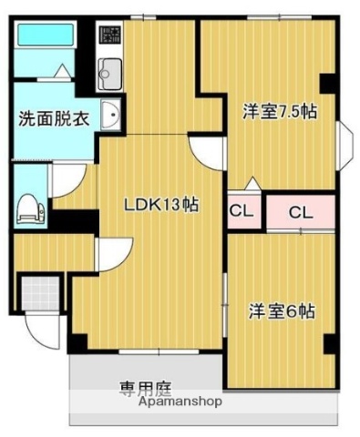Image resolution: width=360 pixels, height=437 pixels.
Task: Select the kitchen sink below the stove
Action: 109,70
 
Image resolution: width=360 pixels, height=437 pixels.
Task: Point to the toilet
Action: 28,206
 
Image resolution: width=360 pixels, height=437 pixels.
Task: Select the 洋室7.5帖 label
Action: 280,112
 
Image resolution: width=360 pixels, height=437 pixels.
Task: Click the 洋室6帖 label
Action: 282,310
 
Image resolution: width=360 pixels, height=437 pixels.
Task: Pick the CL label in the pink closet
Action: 302,212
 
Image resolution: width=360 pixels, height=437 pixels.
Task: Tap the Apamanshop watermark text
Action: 181,401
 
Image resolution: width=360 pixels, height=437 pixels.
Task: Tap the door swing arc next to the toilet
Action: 65,179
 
